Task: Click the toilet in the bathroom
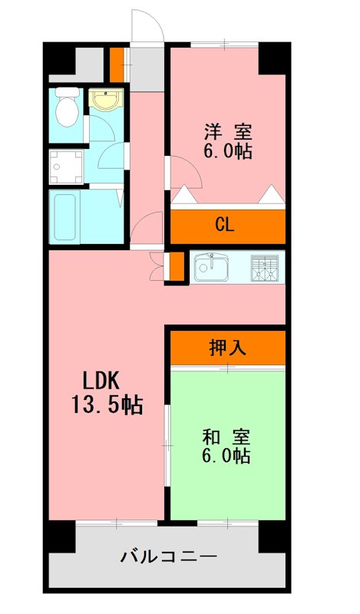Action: [68, 109]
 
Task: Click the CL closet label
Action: [224, 225]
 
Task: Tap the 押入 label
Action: [227, 348]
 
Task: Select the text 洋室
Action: [227, 130]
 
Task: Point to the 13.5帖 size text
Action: [107, 404]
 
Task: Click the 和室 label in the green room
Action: [226, 437]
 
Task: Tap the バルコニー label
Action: [168, 556]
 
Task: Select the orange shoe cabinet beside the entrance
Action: [116, 64]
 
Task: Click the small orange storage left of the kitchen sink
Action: [175, 265]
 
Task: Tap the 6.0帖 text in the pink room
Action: [227, 150]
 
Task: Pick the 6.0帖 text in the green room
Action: [226, 457]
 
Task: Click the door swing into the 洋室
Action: [184, 172]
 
